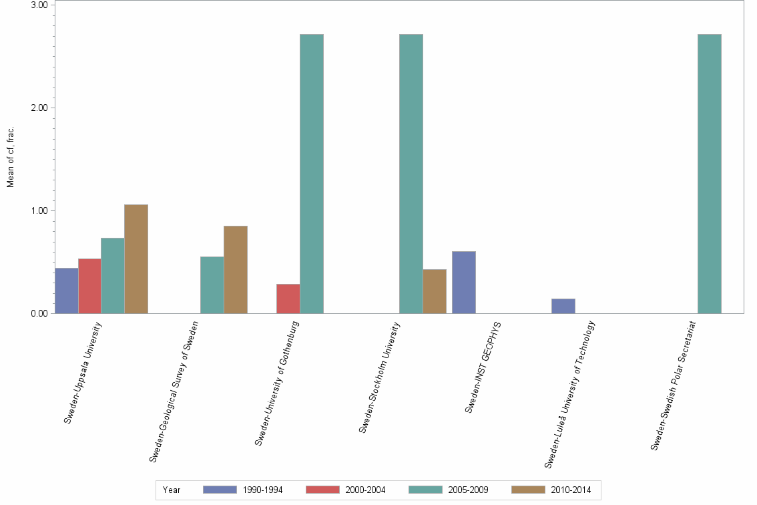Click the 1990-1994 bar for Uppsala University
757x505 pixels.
pyautogui.click(x=67, y=291)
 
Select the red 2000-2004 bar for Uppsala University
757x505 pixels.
pyautogui.click(x=89, y=286)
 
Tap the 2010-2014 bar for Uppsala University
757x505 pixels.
pyautogui.click(x=136, y=259)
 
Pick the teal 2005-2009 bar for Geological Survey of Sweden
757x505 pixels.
pyautogui.click(x=212, y=285)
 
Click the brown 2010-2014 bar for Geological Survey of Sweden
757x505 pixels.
pyautogui.click(x=236, y=270)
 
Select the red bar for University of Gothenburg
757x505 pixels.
pyautogui.click(x=288, y=299)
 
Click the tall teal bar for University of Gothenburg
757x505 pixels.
pyautogui.click(x=312, y=174)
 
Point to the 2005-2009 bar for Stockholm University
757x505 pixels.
pyautogui.click(x=411, y=174)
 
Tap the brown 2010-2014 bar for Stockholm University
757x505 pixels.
pyautogui.click(x=435, y=291)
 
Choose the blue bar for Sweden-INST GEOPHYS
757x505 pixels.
pyautogui.click(x=464, y=283)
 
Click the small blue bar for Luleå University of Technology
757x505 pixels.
pyautogui.click(x=563, y=306)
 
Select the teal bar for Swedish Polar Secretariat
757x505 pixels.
pyautogui.click(x=710, y=174)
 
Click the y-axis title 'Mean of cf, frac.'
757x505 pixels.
pyautogui.click(x=11, y=157)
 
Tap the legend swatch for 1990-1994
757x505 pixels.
pyautogui.click(x=220, y=490)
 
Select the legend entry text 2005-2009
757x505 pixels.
pyautogui.click(x=469, y=490)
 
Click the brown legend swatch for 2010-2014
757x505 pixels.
pyautogui.click(x=528, y=490)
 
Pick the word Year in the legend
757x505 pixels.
pyautogui.click(x=172, y=490)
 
